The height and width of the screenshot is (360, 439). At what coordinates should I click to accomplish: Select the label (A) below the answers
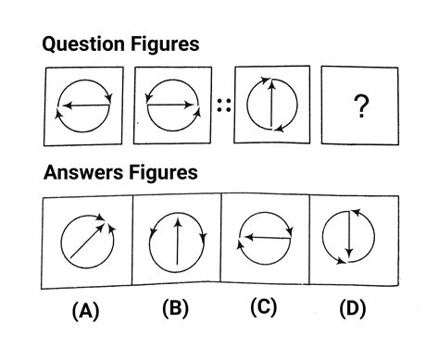point(87,312)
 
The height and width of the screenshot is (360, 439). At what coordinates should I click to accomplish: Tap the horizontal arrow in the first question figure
point(84,106)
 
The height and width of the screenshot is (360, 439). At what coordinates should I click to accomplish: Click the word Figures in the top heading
point(167,44)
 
